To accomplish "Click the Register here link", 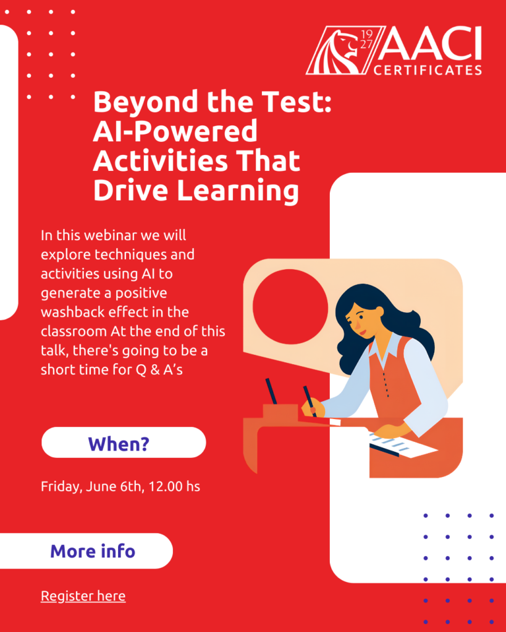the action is coord(83,596).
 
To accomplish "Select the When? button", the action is coord(124,443).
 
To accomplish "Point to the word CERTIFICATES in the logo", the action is coord(428,70).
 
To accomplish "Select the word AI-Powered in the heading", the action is coord(175,131).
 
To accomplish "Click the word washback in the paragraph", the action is coord(72,312).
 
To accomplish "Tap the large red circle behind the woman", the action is coord(290,306).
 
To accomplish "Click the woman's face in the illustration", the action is coord(358,318).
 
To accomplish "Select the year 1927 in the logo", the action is coord(366,39).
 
